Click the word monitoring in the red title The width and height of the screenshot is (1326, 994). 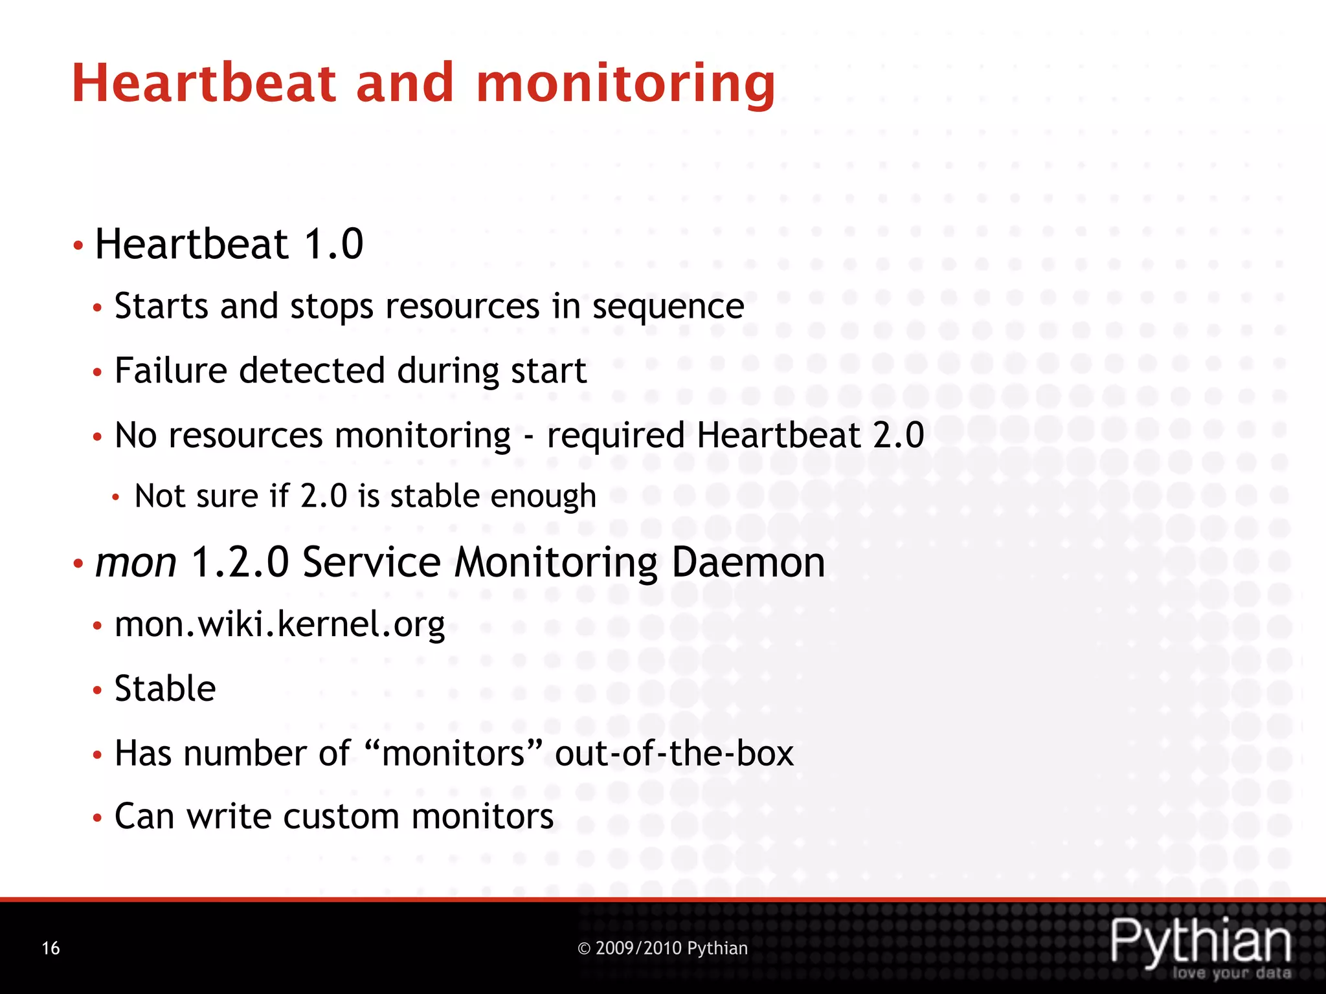[x=625, y=84]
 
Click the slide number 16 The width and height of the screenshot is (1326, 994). [x=51, y=949]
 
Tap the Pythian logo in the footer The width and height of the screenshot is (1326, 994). [x=1200, y=941]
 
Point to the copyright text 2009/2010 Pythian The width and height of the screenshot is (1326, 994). [x=662, y=949]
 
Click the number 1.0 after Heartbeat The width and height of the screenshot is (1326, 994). [x=333, y=245]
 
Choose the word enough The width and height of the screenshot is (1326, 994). [x=543, y=496]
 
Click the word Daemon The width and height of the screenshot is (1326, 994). [x=748, y=562]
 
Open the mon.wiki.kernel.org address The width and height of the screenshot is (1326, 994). [x=280, y=625]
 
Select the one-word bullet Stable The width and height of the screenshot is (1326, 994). [x=165, y=689]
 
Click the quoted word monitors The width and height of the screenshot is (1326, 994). [x=453, y=753]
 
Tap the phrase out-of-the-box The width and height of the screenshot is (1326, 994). [x=674, y=753]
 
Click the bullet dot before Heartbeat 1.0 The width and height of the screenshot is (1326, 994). [x=78, y=246]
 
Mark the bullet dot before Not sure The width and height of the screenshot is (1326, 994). [x=116, y=498]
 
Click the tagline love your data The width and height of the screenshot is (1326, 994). [x=1231, y=973]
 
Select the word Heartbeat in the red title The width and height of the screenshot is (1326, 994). [x=205, y=84]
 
